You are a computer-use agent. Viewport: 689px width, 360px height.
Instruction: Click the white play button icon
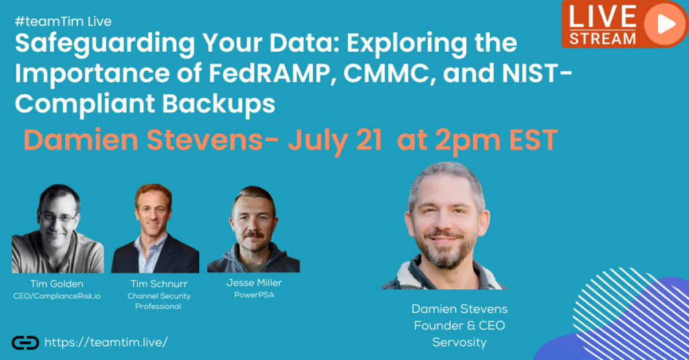666,24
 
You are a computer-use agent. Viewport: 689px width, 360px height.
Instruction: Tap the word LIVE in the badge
602,17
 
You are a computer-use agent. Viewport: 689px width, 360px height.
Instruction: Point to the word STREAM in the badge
602,38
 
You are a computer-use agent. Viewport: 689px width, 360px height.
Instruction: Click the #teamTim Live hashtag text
63,21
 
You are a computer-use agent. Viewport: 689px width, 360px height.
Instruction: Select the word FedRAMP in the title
269,73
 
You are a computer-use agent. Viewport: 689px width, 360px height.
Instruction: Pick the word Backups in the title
219,104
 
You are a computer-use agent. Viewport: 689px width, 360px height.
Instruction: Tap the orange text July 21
335,140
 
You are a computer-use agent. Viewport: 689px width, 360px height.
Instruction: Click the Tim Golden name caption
57,283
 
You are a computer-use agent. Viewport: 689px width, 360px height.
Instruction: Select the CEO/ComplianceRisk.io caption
57,296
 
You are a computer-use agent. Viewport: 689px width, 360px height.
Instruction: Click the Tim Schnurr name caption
159,283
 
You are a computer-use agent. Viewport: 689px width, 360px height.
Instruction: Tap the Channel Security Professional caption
159,301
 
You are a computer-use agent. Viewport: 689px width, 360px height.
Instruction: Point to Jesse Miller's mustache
254,235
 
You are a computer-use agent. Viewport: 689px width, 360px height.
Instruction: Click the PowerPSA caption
254,295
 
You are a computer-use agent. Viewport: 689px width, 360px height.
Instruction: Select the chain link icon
25,343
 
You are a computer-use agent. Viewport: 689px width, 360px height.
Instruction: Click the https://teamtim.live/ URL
106,342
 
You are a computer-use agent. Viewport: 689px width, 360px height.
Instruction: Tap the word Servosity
459,343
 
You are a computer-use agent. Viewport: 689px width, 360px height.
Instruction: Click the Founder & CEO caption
459,326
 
